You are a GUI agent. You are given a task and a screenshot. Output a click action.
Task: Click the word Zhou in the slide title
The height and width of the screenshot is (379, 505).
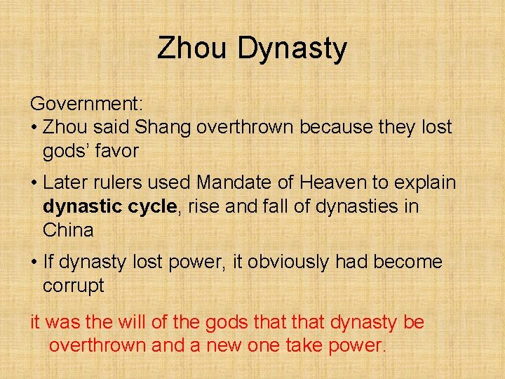(193, 48)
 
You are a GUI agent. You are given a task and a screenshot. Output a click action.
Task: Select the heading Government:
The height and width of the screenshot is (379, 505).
(86, 105)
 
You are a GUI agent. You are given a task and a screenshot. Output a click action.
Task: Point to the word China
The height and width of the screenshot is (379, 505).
(67, 230)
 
